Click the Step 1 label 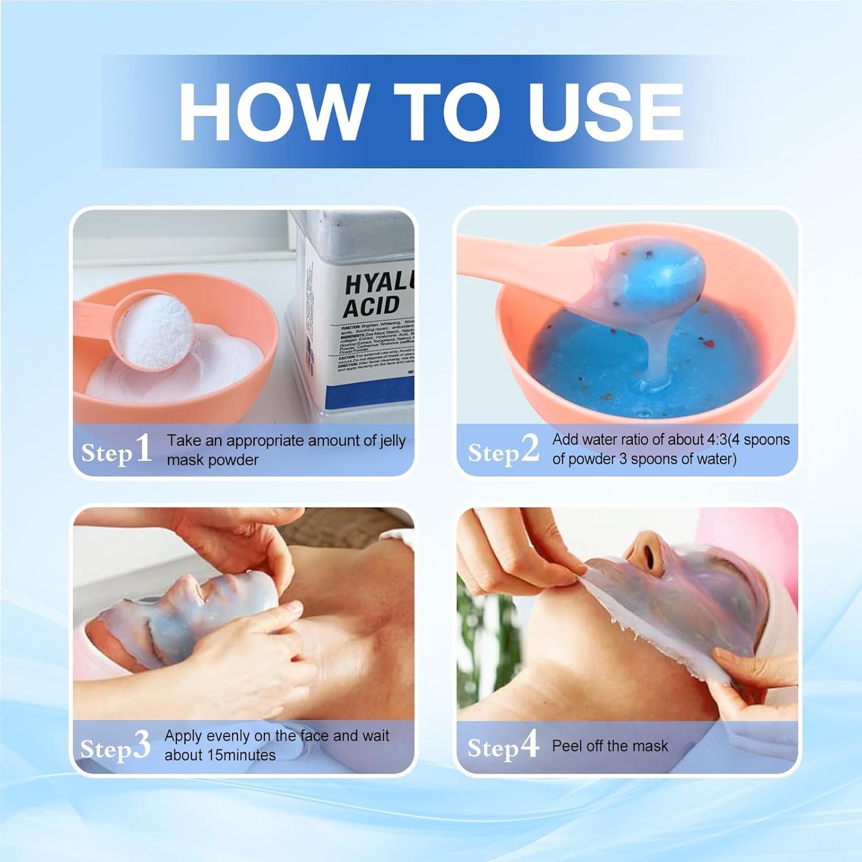(x=116, y=450)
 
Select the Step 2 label (x=503, y=450)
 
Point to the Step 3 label (x=115, y=747)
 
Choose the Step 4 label (x=502, y=746)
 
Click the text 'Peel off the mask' (x=610, y=746)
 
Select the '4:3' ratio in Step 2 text (x=721, y=440)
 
